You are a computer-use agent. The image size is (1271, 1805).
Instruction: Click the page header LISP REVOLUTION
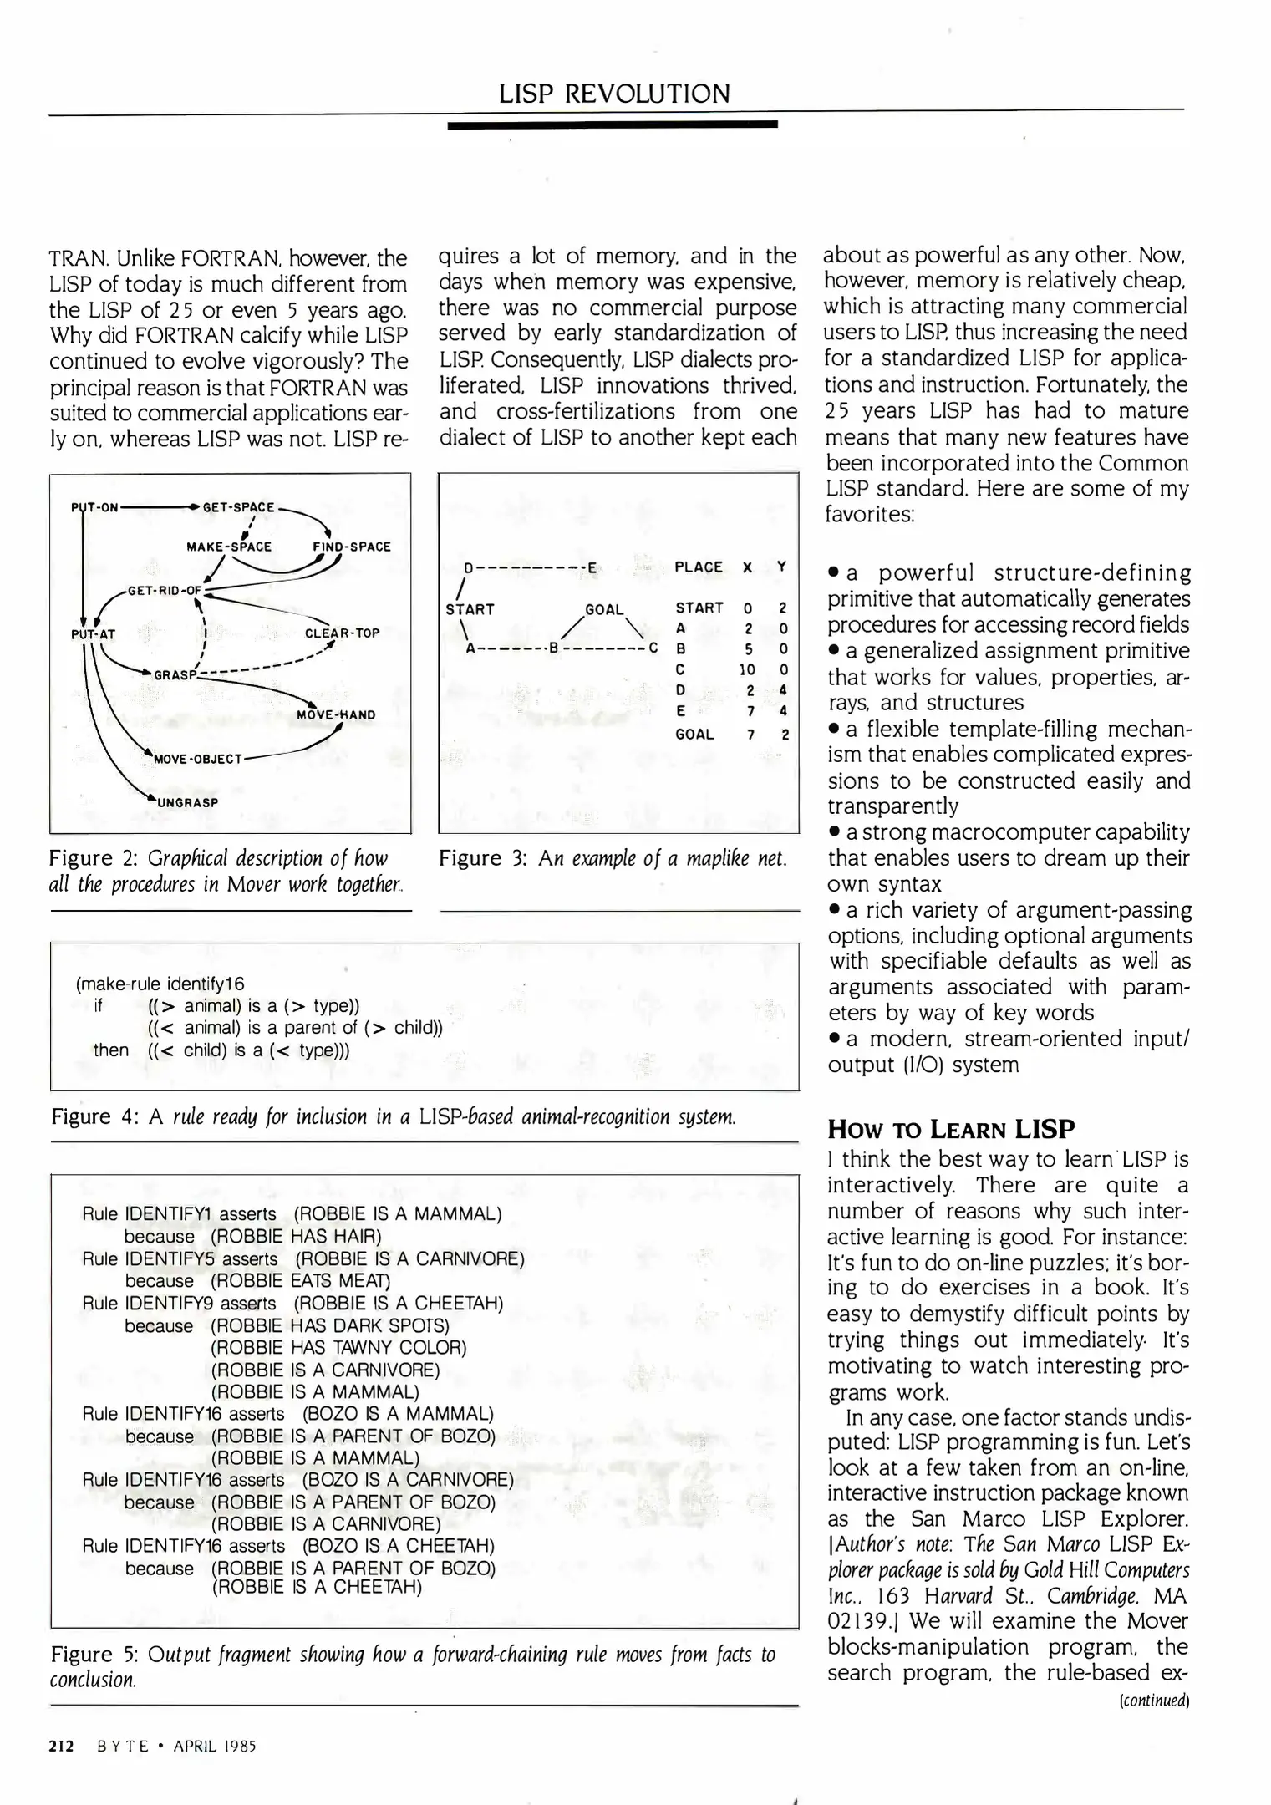click(x=614, y=93)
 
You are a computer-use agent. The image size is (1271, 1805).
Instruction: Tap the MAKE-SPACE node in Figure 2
click(x=228, y=547)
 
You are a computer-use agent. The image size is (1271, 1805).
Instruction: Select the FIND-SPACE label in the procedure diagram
click(x=351, y=547)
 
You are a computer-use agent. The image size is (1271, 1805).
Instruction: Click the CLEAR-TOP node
click(x=342, y=633)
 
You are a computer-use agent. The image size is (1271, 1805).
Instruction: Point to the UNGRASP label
click(x=188, y=802)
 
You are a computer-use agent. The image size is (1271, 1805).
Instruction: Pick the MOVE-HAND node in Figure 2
click(x=336, y=714)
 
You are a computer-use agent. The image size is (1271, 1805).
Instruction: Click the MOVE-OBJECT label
click(x=198, y=759)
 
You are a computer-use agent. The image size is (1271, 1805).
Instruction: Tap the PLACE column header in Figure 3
click(x=698, y=567)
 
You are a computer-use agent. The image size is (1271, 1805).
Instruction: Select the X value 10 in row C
click(x=747, y=669)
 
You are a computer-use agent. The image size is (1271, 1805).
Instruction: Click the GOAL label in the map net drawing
click(x=604, y=609)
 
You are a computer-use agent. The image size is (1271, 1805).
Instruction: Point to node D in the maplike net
click(x=469, y=568)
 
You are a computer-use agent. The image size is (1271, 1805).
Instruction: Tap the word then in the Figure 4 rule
click(x=111, y=1050)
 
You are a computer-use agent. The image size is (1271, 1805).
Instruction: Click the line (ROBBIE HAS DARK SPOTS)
click(x=329, y=1325)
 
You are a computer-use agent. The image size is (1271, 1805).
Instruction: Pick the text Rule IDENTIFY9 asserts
click(x=179, y=1303)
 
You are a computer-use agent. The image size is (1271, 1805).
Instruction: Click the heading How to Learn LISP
click(x=950, y=1129)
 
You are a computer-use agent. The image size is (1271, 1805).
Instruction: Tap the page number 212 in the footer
click(x=62, y=1746)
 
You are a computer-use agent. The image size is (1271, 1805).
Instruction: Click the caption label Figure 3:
click(x=481, y=858)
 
